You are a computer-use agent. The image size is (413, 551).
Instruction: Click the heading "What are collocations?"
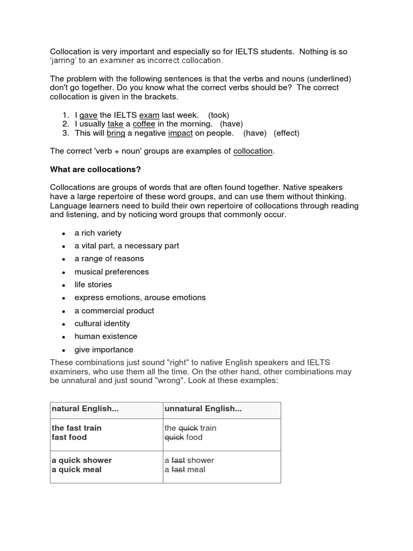pos(95,169)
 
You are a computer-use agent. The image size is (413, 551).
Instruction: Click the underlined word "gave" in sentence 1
pos(88,115)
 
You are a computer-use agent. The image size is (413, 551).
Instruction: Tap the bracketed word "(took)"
pos(219,115)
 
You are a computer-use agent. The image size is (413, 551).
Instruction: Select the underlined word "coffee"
pos(144,124)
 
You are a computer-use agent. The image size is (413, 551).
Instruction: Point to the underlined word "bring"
pos(116,133)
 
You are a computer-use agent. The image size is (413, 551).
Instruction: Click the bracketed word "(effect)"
pos(287,133)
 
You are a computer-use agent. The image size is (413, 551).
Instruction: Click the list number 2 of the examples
pos(65,124)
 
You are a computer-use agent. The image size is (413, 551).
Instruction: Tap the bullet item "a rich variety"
pos(98,233)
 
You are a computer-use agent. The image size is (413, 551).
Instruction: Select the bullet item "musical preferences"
pos(111,272)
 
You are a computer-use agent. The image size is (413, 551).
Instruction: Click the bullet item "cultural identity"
pos(102,323)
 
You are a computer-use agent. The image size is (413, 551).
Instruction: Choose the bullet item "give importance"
pos(104,350)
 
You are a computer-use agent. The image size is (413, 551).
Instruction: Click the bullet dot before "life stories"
pos(63,285)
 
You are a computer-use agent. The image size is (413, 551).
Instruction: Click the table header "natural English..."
pos(85,409)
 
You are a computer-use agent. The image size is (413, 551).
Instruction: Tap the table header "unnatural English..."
pos(203,409)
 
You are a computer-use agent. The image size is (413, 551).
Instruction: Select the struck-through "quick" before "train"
pos(188,428)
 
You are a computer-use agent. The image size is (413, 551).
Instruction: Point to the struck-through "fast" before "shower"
pos(178,460)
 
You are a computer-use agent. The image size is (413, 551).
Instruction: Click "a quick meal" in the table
pos(76,470)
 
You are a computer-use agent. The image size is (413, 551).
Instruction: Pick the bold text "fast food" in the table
pos(69,437)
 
